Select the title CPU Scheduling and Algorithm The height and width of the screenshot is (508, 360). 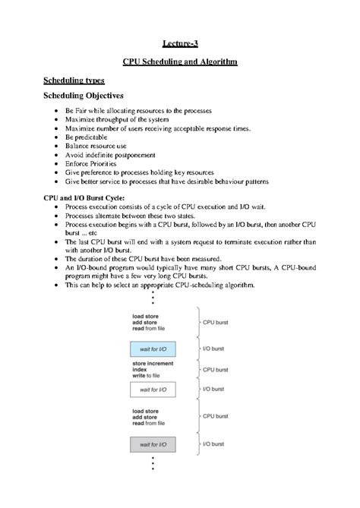point(180,62)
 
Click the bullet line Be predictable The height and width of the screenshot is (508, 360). point(86,137)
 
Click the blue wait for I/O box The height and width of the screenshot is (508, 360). point(153,349)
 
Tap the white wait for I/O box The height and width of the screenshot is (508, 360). point(153,389)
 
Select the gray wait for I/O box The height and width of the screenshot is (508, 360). point(153,442)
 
